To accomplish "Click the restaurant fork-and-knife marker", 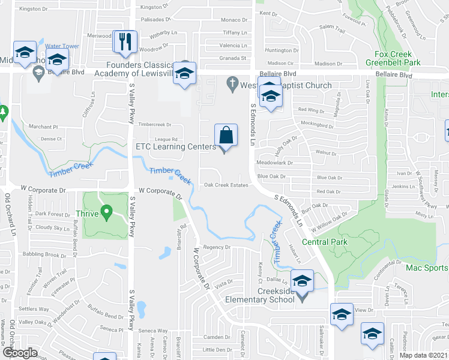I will click(x=122, y=41).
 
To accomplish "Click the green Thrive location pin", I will click(x=107, y=211).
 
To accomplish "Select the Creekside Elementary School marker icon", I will click(x=302, y=281).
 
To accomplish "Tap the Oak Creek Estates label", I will click(x=226, y=185).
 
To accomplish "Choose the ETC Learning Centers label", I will click(x=175, y=146).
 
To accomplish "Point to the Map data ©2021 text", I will click(x=423, y=355).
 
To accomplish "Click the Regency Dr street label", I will click(x=217, y=247).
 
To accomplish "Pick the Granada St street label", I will click(x=233, y=58).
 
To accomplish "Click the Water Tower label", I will click(x=62, y=46).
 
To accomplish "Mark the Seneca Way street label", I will click(x=153, y=331).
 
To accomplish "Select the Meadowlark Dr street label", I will click(x=274, y=163).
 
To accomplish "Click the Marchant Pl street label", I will click(x=43, y=127).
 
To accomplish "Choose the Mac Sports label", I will click(x=427, y=268).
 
